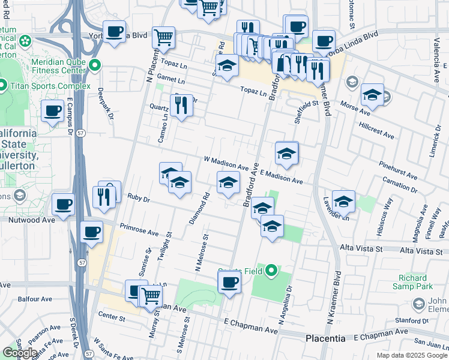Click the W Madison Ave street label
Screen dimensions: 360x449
[226, 163]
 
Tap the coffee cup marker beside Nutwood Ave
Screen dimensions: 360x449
[63, 205]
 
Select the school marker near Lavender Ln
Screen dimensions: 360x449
[343, 201]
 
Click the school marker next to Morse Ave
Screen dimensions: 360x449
[372, 95]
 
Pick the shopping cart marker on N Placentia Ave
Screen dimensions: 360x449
[163, 37]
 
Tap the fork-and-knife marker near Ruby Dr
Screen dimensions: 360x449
[104, 196]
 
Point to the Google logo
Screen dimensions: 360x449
[20, 353]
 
